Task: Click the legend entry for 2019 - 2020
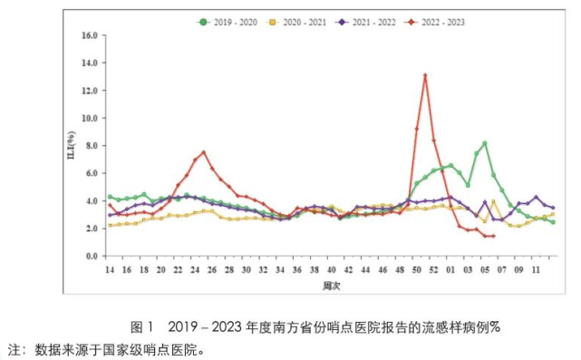[235, 18]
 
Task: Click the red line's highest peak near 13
[424, 75]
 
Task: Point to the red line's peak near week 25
[204, 152]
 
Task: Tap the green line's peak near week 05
[485, 143]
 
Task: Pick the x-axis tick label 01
[450, 269]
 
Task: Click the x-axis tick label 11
[536, 269]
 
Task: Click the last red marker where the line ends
[493, 236]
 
